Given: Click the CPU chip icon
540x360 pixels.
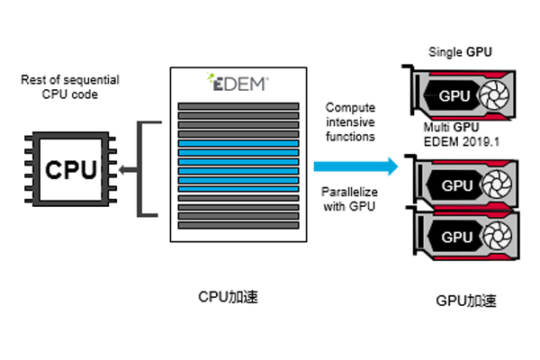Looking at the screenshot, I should pos(66,168).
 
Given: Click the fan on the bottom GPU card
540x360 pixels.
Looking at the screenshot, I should pos(498,238).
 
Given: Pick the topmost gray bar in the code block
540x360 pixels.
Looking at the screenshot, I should pos(238,106).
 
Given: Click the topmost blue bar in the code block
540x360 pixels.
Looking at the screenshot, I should pos(238,142).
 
